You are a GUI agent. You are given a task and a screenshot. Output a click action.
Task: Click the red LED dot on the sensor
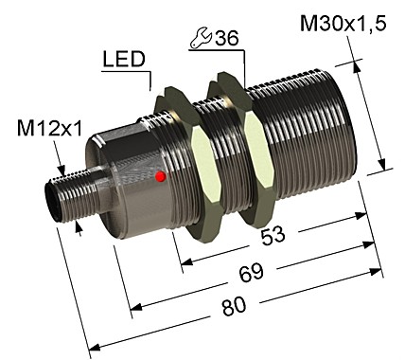[162, 176]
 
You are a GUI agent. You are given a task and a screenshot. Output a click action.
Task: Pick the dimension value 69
[252, 275]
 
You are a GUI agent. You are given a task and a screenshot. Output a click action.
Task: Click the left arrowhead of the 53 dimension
[182, 261]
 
